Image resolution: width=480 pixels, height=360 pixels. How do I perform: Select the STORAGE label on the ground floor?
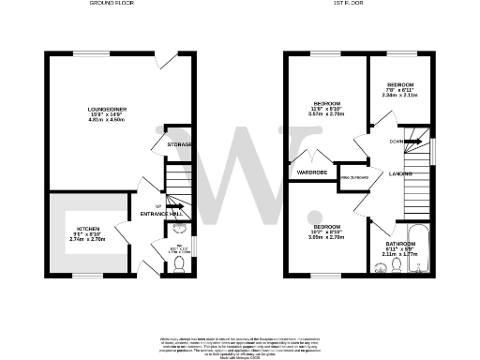tap(180, 144)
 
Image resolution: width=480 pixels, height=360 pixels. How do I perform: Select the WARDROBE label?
tap(313, 172)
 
